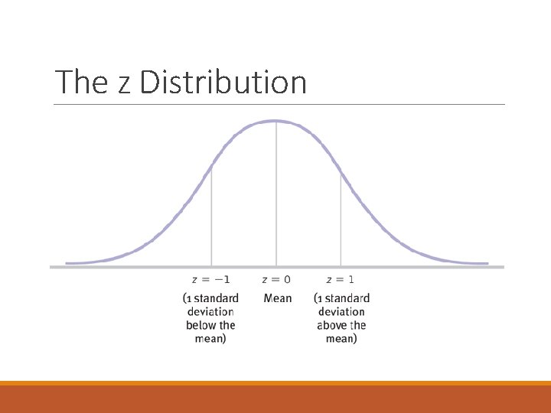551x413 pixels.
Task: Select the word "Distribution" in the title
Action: [223, 82]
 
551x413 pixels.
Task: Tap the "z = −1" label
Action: [210, 279]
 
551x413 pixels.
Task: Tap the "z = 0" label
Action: [276, 279]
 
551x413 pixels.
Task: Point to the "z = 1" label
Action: [341, 279]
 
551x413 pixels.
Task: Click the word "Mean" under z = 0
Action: [277, 298]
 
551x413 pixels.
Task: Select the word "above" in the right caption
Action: [331, 325]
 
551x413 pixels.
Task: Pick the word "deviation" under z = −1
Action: [210, 311]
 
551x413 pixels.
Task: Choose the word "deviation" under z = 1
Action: [341, 311]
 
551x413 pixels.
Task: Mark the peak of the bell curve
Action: [276, 121]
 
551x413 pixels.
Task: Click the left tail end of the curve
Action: [69, 263]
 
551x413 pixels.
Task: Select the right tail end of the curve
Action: [485, 263]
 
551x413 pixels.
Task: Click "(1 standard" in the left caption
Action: [211, 298]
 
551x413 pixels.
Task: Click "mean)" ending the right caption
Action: [341, 339]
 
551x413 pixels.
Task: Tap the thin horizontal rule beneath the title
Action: [279, 104]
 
